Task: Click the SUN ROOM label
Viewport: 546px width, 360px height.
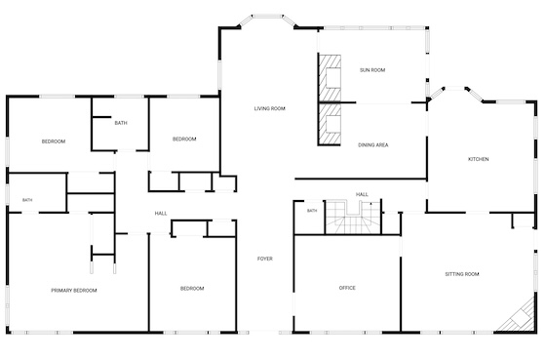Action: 372,70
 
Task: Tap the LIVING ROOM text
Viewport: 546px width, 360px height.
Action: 269,108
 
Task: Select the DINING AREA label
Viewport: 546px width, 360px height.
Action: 372,145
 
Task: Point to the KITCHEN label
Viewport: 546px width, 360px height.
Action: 478,159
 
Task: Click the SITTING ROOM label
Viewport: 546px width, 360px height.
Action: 462,274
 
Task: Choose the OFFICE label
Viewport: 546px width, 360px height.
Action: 347,288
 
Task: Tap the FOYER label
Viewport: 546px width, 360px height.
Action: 264,259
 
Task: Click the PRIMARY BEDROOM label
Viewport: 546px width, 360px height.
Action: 74,291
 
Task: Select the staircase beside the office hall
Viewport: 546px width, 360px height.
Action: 353,217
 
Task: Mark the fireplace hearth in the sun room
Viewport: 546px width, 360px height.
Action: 330,78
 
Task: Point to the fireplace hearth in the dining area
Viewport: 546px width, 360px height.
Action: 330,125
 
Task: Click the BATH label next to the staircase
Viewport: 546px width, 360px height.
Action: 312,211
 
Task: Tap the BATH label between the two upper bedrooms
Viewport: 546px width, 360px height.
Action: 121,123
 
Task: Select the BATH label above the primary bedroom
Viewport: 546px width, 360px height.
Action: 27,200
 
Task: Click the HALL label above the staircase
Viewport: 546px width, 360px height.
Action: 362,194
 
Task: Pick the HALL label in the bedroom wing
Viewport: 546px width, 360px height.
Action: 161,214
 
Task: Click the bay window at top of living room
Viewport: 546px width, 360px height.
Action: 267,20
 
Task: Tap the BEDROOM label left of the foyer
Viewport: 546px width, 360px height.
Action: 192,289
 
